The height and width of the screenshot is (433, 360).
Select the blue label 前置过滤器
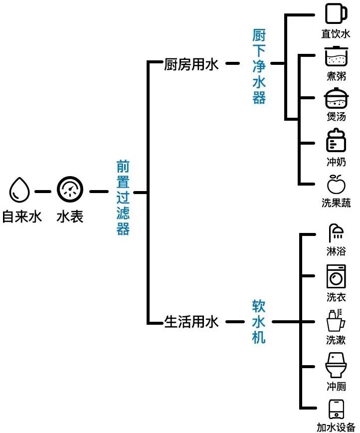123,198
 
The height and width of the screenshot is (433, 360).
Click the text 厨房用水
191,65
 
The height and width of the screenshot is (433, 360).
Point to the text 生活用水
191,322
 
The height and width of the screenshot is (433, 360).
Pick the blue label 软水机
259,322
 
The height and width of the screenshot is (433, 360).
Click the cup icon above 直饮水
335,13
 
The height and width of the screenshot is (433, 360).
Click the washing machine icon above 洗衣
336,276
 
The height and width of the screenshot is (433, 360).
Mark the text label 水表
69,217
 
